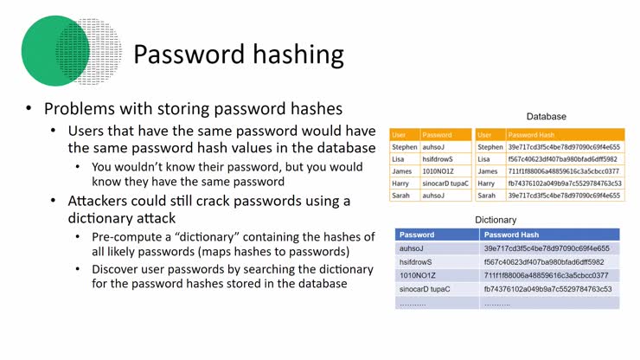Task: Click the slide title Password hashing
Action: point(239,55)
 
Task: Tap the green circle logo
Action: point(56,51)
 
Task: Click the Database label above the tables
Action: point(547,116)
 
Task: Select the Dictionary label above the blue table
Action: point(496,220)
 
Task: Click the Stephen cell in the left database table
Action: point(403,147)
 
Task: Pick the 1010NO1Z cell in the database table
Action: point(438,171)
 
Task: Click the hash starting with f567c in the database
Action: point(562,159)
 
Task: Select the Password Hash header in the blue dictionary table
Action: point(513,235)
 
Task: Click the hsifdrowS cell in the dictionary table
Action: point(417,261)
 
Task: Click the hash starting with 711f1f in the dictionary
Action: point(546,275)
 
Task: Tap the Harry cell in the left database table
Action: point(401,183)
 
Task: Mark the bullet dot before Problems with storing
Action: point(29,109)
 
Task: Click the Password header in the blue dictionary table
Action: point(417,235)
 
